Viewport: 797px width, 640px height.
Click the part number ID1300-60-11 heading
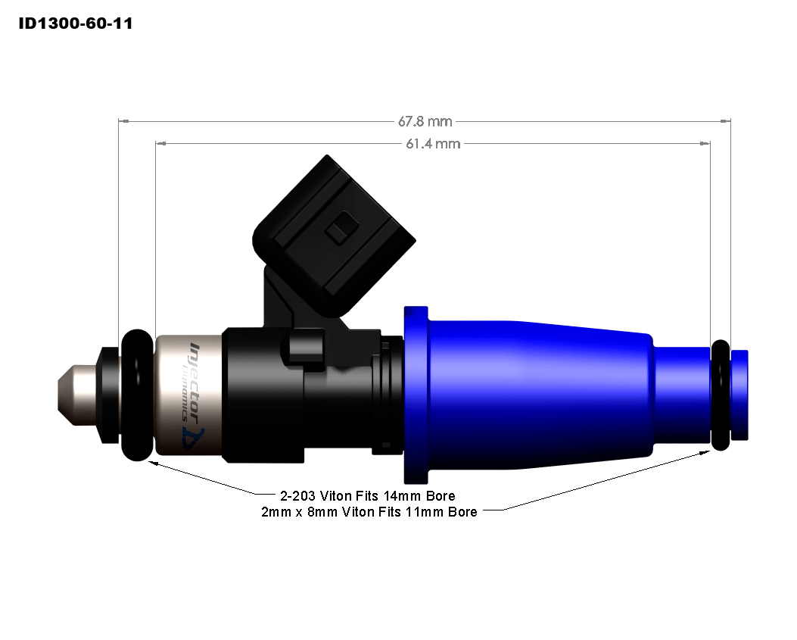click(75, 23)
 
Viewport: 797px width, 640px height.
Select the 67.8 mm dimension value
click(425, 121)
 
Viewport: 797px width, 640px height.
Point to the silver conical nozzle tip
click(76, 395)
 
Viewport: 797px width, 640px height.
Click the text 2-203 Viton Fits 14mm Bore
click(367, 497)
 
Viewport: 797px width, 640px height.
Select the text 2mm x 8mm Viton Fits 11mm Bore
click(368, 512)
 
